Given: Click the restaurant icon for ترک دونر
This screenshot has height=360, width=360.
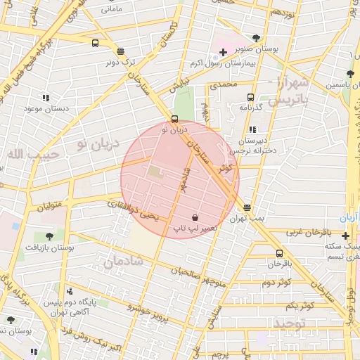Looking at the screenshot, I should coord(121,51).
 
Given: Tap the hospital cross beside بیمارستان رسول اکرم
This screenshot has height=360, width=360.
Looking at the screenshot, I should coord(223,52).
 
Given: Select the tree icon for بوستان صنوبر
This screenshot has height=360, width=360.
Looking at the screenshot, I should coord(256,38).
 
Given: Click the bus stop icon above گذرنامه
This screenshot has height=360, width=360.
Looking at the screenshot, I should coord(250,97).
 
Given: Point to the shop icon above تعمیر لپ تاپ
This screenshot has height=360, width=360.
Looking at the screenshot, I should coord(195,217).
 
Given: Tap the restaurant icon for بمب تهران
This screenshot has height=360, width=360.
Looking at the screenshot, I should coord(247,207).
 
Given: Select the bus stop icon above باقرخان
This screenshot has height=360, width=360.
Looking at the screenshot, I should coord(279,253).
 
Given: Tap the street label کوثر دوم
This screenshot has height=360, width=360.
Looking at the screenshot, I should coord(276,282).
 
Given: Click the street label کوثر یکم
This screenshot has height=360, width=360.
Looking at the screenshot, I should coord(300,306).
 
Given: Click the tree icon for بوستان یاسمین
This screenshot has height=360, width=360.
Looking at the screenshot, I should coord(349,74).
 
